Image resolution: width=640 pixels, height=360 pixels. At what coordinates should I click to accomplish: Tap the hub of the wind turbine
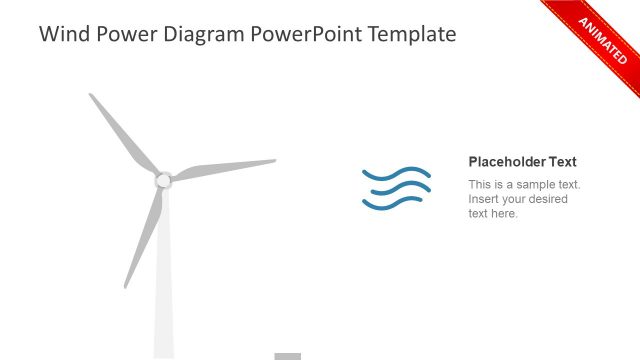point(163,180)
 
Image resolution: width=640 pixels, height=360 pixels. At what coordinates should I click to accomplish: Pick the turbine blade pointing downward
point(145,234)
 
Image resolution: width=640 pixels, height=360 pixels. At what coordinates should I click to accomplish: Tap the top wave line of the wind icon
point(397,174)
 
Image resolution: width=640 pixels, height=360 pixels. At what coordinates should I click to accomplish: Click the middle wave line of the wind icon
point(400,188)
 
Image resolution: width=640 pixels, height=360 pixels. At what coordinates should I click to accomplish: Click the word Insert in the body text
point(484,199)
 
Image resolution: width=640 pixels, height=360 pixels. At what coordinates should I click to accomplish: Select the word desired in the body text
point(549,199)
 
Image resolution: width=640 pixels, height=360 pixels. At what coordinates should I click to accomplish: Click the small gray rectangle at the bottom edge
point(288,356)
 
